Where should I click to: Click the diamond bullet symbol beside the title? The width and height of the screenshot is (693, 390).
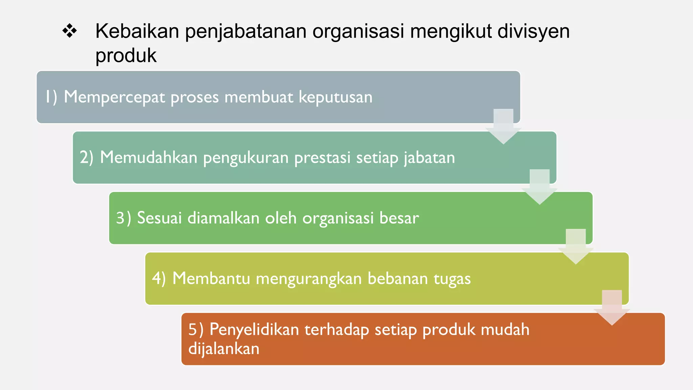pos(70,31)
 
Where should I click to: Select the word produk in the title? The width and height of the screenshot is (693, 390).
pos(126,56)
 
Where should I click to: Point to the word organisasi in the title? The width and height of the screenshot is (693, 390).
pos(358,31)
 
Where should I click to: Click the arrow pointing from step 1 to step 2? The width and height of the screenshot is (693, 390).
pos(503,127)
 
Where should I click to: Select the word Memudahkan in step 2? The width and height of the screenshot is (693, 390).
pos(149,158)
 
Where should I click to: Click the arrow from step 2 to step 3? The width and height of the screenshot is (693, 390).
pos(539,187)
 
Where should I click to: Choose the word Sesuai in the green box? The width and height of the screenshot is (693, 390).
pos(159,218)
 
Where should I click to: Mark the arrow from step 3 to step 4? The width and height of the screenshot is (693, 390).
pos(576,247)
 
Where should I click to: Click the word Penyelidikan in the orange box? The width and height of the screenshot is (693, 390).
pos(254,330)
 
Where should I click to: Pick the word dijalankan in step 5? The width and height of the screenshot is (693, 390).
pos(224,349)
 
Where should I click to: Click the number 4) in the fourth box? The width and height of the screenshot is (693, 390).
pos(159,279)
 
